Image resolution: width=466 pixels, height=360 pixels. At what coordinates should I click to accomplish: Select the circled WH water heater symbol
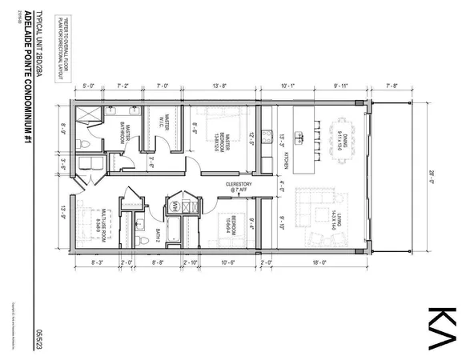(172, 206)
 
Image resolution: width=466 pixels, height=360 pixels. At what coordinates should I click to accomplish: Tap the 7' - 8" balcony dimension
(391, 84)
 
